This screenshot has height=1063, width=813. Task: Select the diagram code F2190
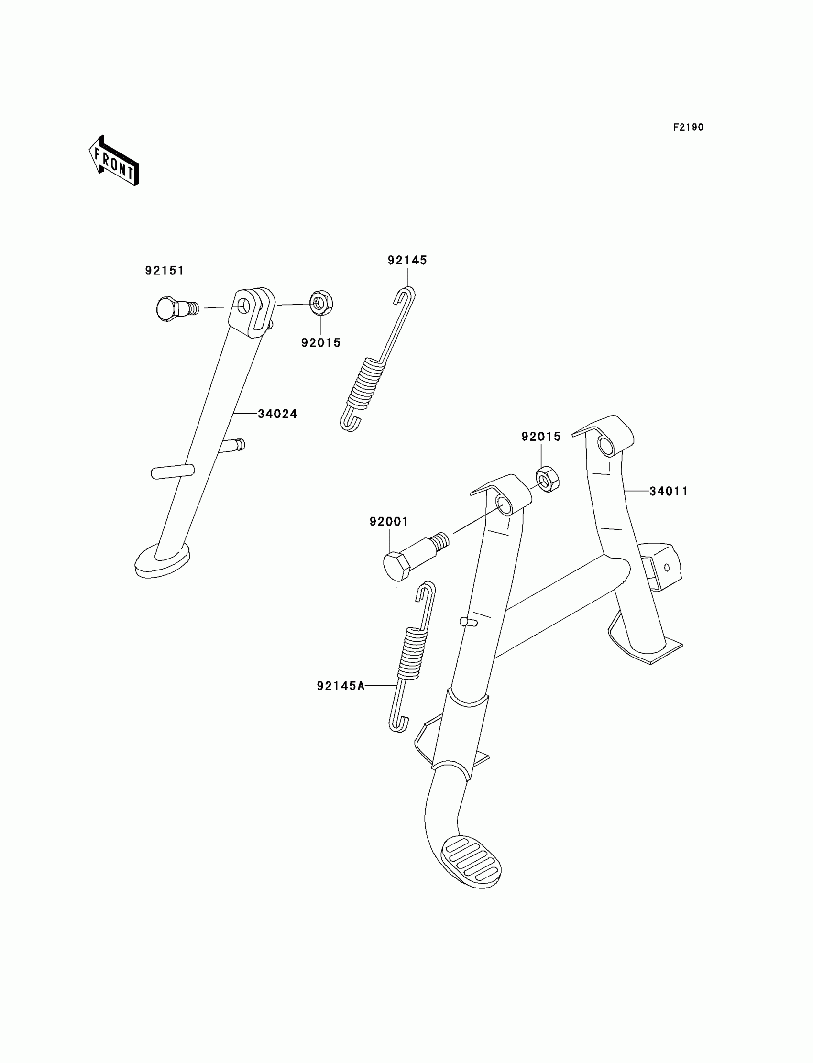[x=688, y=127]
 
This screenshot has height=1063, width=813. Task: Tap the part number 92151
[x=165, y=271]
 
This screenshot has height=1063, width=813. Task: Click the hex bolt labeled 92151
[x=167, y=308]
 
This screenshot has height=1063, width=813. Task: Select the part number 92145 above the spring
[x=407, y=260]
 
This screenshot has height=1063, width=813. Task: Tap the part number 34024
[x=277, y=414]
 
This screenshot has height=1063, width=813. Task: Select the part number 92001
[x=389, y=522]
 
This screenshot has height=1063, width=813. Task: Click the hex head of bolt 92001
[x=396, y=567]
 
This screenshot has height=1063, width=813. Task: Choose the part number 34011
[x=668, y=491]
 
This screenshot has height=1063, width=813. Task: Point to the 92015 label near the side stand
[x=321, y=342]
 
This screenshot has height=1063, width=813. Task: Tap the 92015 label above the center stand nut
[x=540, y=437]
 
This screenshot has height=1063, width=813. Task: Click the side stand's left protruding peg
[x=172, y=471]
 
